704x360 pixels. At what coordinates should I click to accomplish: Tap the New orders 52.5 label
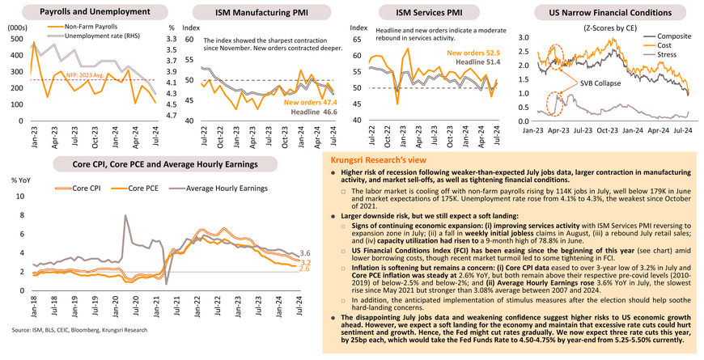(x=473, y=53)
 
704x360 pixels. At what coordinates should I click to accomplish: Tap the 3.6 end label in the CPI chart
(x=305, y=253)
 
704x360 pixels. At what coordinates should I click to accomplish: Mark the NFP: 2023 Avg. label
(x=83, y=74)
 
